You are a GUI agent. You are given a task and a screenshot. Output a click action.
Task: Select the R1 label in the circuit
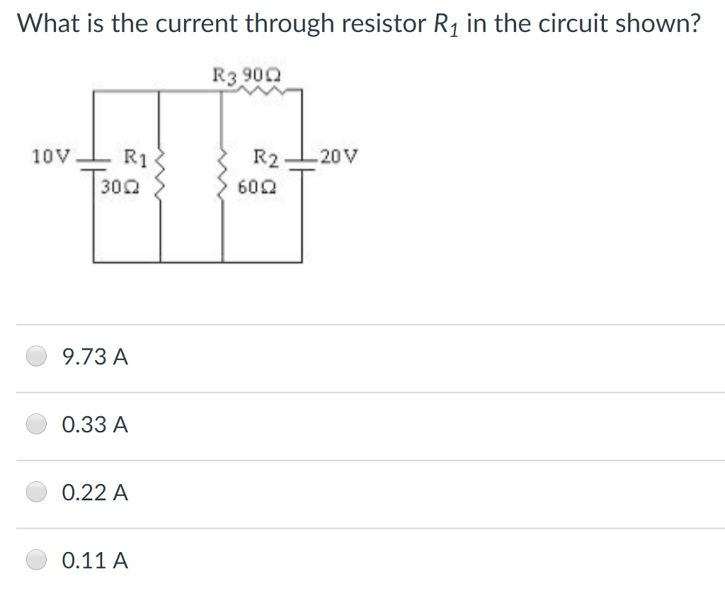[x=135, y=157]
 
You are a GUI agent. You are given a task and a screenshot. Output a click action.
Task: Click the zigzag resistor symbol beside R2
[x=224, y=174]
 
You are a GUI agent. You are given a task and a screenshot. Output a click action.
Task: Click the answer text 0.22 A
[x=95, y=493]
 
